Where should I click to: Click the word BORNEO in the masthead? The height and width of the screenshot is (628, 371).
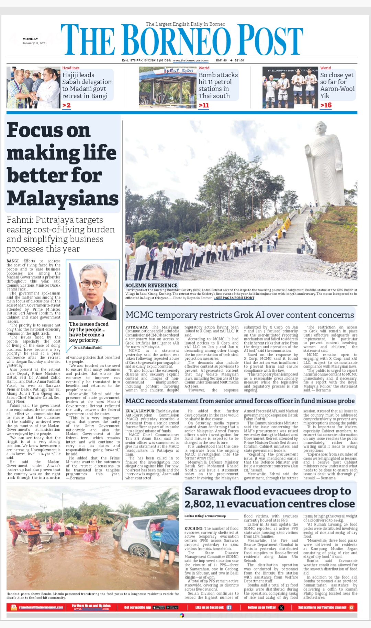[176, 40]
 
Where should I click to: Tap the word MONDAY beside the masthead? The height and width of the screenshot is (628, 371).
[30, 39]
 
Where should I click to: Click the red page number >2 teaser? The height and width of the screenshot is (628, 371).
[66, 105]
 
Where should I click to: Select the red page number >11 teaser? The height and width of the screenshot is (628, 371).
[204, 105]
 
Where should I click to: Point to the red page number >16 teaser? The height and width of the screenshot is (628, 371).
[326, 105]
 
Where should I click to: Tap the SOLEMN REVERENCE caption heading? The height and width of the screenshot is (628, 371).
[151, 286]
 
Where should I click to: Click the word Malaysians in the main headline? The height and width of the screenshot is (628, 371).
[63, 198]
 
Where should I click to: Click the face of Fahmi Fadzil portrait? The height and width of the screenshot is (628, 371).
[93, 286]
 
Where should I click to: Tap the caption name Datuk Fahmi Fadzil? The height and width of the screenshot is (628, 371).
[88, 348]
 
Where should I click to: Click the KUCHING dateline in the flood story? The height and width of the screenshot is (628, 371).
[193, 528]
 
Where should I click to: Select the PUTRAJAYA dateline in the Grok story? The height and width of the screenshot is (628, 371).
[137, 327]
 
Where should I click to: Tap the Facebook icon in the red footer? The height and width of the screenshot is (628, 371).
[229, 607]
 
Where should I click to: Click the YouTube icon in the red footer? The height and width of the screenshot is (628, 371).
[351, 607]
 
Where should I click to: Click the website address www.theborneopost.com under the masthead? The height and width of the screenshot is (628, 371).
[191, 60]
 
